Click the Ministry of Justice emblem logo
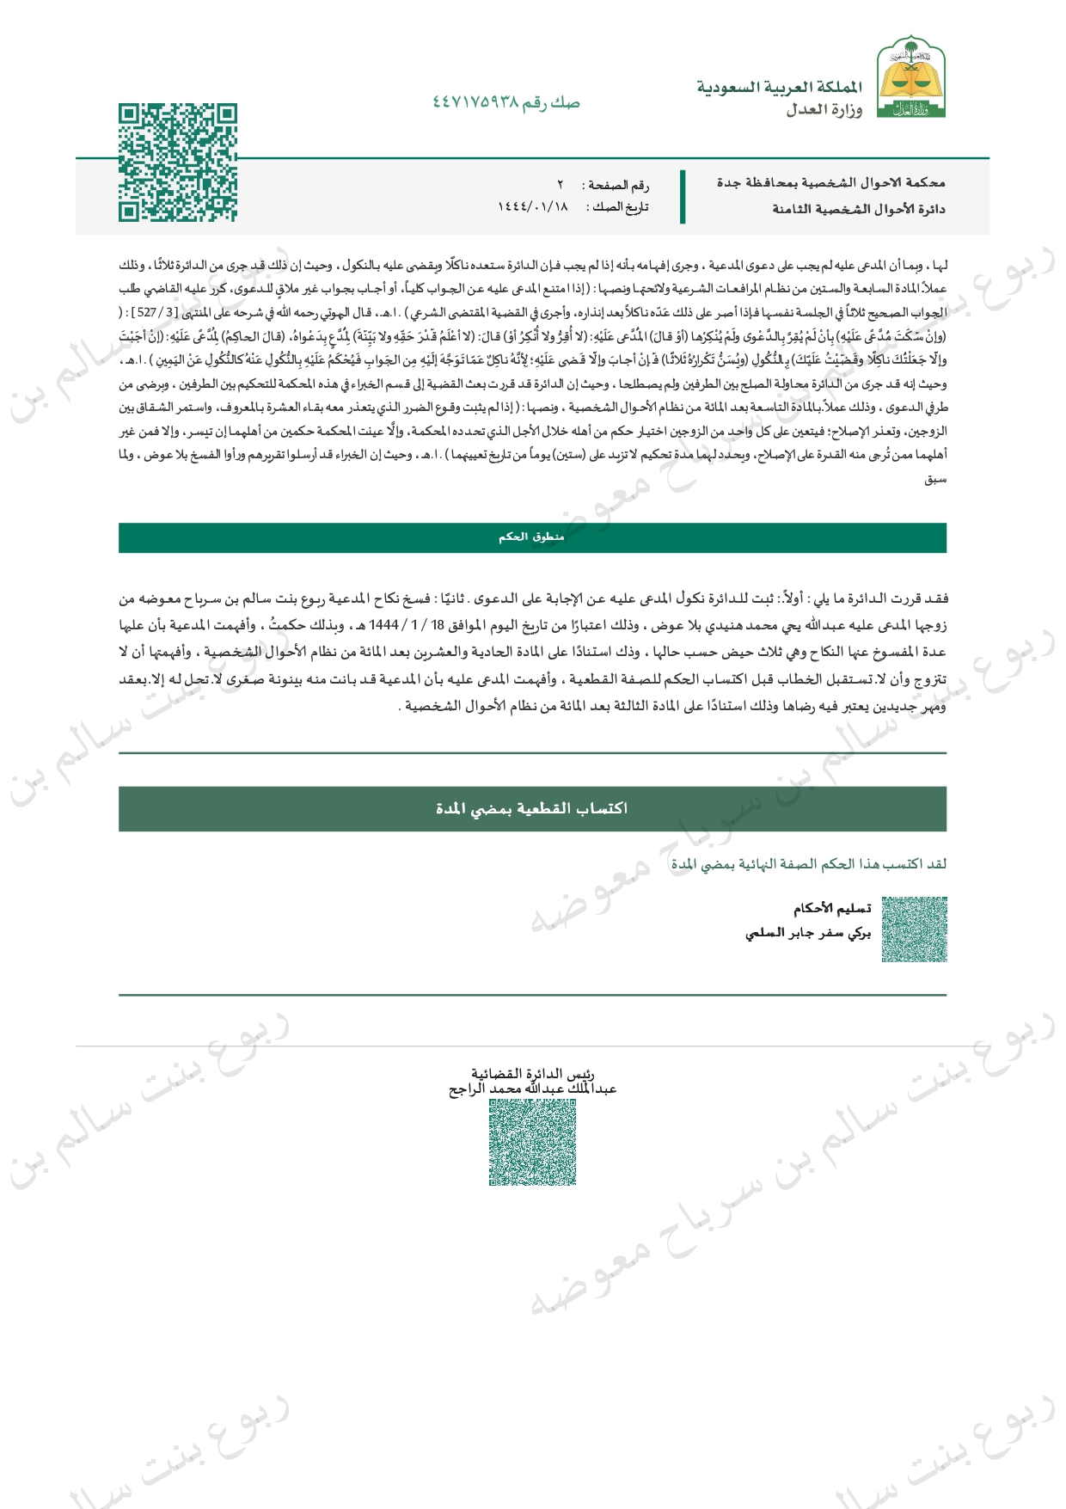point(910,77)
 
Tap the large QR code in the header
point(178,163)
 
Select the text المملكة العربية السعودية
point(779,88)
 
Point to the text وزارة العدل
point(824,110)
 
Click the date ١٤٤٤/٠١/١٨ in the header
point(533,207)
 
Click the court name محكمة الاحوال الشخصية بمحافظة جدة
point(830,182)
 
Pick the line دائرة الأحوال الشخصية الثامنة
point(858,209)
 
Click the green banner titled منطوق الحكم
point(532,537)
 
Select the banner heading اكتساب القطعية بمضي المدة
point(532,808)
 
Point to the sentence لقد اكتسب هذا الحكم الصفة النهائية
point(808,864)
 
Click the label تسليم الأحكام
point(831,908)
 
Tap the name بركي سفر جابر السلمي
point(807,933)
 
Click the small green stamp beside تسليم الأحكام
point(915,929)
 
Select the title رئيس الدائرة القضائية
point(532,1073)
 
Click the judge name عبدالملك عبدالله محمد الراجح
point(532,1089)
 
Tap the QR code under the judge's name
point(532,1142)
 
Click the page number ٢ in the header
point(561,185)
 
